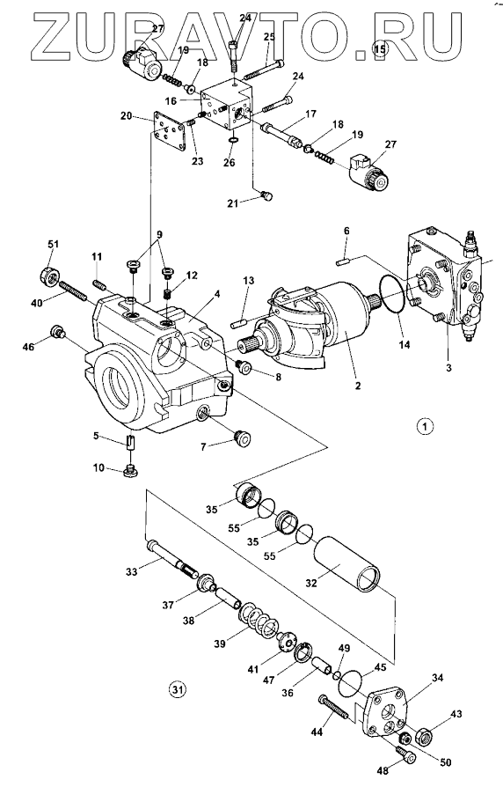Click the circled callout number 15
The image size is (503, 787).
click(x=379, y=49)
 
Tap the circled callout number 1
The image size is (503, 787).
click(x=425, y=427)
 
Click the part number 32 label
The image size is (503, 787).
click(x=311, y=584)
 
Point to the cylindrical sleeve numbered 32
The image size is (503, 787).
click(x=347, y=564)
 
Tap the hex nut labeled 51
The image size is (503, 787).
click(x=49, y=276)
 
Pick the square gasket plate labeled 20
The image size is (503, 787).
click(x=169, y=132)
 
